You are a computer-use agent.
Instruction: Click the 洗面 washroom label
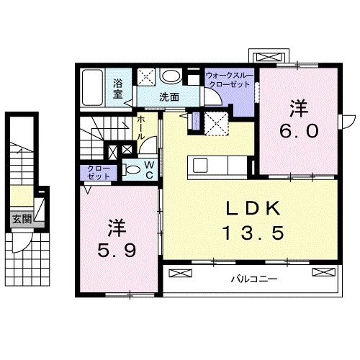click(169, 96)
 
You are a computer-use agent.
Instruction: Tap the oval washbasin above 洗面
click(171, 76)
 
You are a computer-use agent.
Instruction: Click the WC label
click(148, 170)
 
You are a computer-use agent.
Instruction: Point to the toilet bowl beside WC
click(132, 171)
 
